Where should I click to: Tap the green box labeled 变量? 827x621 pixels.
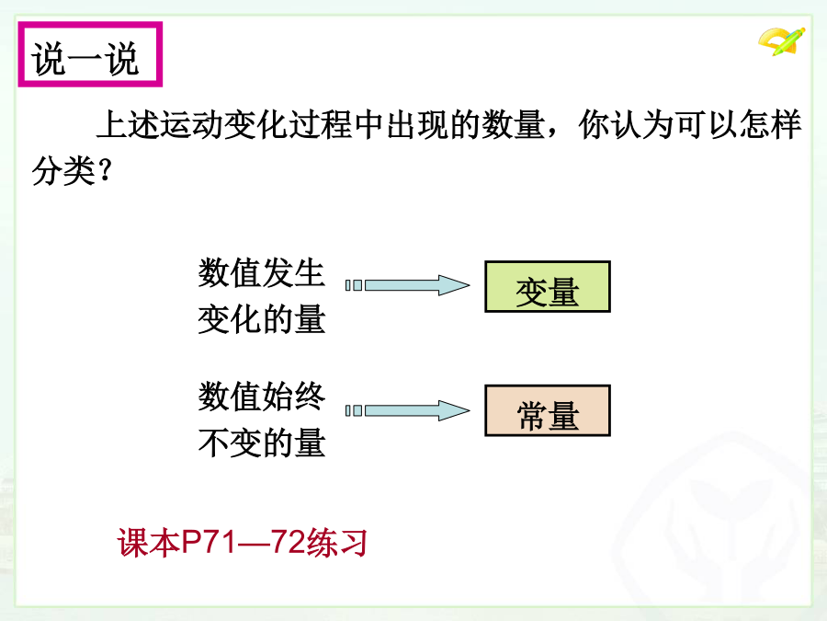548,287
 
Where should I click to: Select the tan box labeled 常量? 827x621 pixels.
548,410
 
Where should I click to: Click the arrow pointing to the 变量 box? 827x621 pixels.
407,285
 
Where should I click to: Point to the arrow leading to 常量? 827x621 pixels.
407,410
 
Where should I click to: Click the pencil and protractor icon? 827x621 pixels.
782,41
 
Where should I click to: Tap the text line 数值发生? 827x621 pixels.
262,272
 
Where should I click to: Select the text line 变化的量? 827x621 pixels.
262,319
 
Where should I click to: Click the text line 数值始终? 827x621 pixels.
262,396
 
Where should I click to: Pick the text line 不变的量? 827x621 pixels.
262,443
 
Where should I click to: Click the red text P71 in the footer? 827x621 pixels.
209,542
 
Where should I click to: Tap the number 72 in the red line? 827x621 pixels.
288,542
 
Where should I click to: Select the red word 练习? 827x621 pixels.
336,542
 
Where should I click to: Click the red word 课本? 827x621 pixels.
149,542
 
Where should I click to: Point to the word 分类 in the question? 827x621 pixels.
63,170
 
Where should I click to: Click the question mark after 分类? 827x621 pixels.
105,170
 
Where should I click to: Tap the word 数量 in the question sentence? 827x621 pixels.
513,124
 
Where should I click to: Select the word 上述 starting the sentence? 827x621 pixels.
128,124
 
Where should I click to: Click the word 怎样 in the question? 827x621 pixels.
770,124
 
